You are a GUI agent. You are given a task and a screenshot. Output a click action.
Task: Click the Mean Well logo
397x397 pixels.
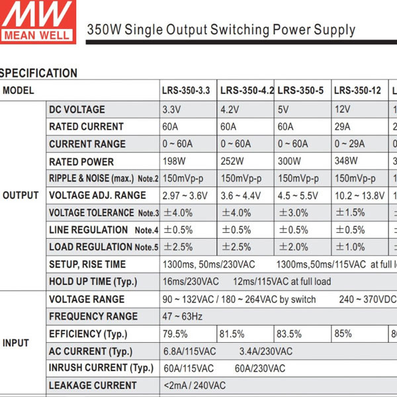coord(37,21)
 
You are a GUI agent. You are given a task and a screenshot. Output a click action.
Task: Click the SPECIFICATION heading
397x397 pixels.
coord(38,73)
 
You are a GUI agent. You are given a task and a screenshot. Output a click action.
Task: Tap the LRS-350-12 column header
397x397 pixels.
coord(357,91)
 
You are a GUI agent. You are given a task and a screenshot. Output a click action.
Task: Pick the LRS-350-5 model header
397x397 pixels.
coord(300,91)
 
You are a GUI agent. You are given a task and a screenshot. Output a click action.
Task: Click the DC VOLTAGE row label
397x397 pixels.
coord(77,109)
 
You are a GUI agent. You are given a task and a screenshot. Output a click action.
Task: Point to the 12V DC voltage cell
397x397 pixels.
coord(342,109)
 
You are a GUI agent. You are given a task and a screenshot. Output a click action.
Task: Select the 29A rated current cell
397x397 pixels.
coord(344,126)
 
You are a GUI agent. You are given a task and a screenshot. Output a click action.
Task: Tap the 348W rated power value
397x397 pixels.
coord(346,161)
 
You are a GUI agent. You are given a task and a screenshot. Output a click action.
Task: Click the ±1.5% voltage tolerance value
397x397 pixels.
coord(350,213)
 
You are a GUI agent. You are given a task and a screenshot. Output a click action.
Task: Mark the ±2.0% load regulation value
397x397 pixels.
coord(293,247)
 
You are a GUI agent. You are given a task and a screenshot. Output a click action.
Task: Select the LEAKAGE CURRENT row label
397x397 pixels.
coord(93,386)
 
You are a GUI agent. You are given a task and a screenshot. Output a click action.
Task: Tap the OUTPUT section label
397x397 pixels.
coord(21,196)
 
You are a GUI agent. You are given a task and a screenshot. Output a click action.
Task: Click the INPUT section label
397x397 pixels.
coord(16,343)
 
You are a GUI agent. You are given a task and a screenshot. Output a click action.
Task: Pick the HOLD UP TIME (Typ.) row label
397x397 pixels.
coord(93,282)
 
